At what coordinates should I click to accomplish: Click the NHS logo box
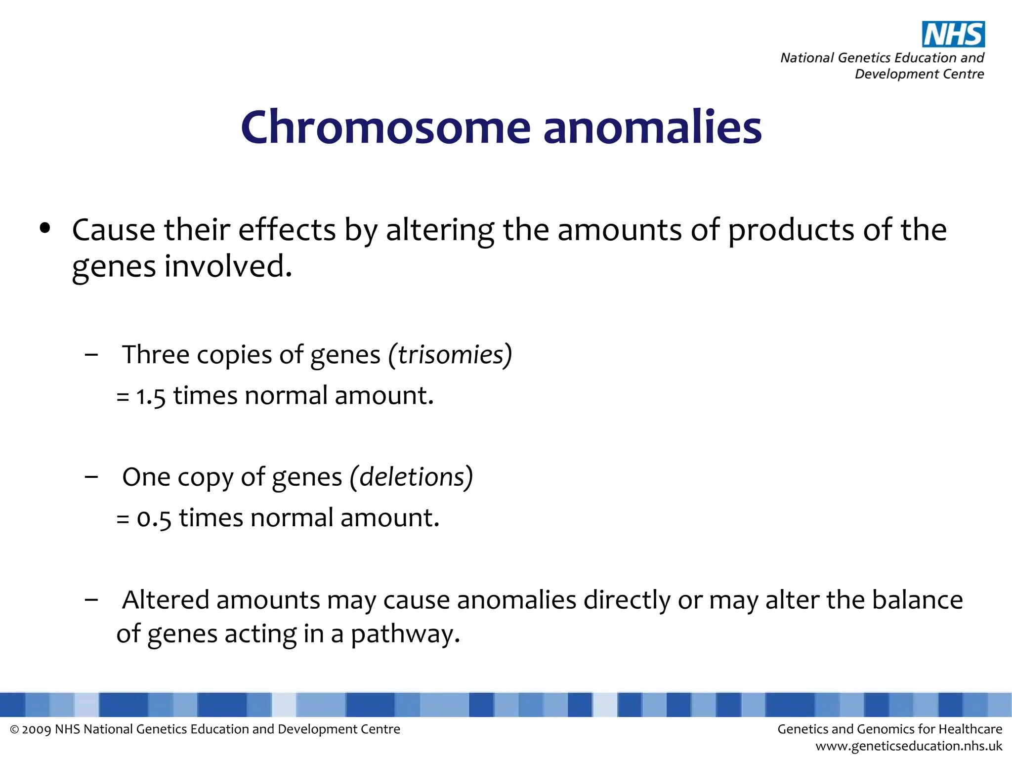pos(953,34)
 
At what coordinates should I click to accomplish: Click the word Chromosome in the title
pos(385,127)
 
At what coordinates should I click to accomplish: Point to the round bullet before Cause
pos(45,228)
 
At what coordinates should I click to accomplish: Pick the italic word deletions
pos(412,477)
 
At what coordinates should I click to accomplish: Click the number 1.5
pos(151,396)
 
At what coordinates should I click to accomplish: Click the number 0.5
pos(154,518)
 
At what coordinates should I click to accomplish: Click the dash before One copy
pos(91,477)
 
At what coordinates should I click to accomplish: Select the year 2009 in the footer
pos(37,729)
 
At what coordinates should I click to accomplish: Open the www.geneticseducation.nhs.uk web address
pos(909,746)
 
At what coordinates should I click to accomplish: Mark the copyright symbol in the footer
pos(14,730)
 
